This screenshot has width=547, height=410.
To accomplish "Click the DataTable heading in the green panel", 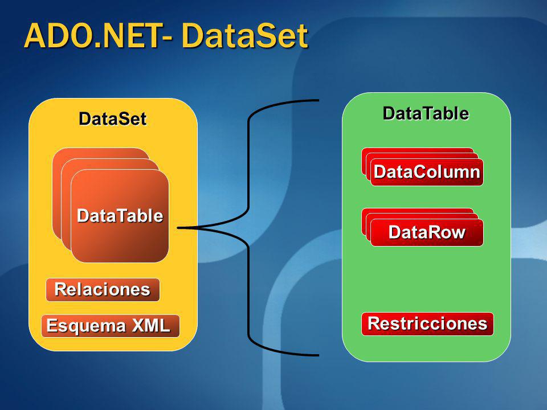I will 426,113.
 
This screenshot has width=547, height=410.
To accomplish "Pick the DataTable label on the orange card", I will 120,216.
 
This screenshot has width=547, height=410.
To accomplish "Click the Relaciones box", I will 103,290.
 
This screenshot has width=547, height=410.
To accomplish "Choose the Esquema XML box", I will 110,326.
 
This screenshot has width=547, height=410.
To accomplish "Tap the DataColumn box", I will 426,172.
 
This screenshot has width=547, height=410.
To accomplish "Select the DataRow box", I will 426,232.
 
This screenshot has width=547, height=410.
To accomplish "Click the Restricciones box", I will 427,323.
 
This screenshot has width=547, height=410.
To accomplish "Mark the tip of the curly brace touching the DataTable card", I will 179,228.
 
